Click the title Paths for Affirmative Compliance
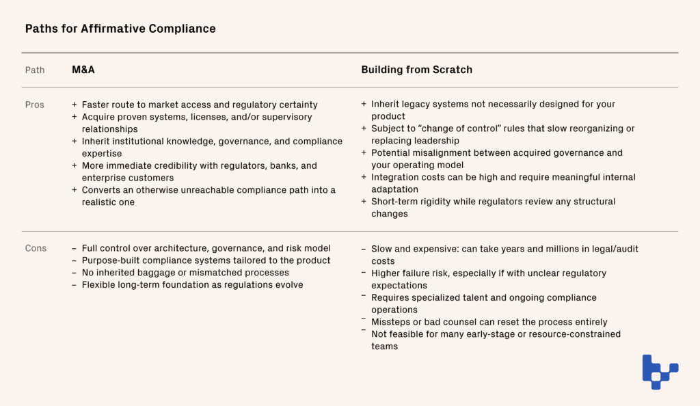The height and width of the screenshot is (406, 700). [120, 29]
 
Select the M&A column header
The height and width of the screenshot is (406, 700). [83, 70]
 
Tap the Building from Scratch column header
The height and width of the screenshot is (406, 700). [416, 70]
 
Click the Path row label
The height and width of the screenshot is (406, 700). [35, 70]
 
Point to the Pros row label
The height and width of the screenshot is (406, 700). [35, 105]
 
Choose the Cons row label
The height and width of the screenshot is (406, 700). [36, 248]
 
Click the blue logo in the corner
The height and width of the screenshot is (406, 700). [660, 371]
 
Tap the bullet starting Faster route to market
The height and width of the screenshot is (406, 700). [199, 105]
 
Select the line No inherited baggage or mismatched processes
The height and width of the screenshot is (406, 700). [185, 273]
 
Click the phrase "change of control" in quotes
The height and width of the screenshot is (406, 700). [449, 128]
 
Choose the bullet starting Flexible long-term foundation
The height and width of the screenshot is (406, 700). [191, 285]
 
